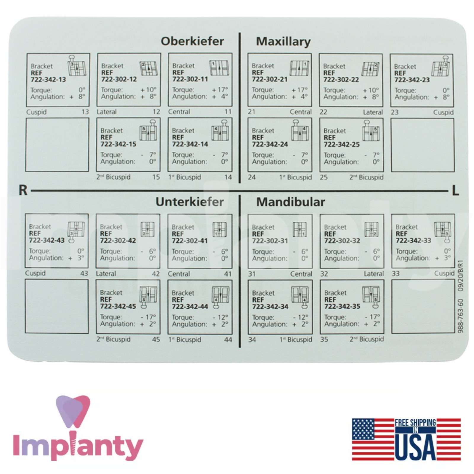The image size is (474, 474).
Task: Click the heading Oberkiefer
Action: [192, 41]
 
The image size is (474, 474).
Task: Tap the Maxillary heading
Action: [283, 42]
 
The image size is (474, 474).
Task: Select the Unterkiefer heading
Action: [190, 202]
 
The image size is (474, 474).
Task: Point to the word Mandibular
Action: [291, 202]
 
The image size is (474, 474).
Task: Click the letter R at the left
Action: [23, 190]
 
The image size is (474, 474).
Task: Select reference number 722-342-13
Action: [48, 80]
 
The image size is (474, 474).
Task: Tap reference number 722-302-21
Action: [270, 79]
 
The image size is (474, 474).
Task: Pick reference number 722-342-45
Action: [118, 306]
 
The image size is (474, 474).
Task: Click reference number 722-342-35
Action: [342, 306]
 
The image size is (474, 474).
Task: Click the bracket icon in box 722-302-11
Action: [219, 68]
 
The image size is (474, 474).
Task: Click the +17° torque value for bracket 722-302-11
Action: [220, 89]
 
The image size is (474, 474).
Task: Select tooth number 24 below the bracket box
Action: [252, 177]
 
